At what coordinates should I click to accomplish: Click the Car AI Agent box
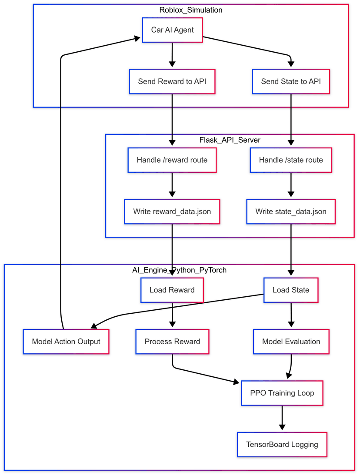172,30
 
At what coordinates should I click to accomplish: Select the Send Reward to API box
172,81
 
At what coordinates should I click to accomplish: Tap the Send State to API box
291,81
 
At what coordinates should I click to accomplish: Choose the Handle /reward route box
172,160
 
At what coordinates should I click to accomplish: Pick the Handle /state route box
291,160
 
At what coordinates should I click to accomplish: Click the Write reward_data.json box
172,211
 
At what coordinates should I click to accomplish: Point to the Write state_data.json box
291,211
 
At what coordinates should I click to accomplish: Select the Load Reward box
172,290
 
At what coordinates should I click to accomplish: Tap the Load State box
291,290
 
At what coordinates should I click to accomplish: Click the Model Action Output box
66,342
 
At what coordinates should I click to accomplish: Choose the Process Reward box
172,342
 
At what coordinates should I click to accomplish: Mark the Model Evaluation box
291,342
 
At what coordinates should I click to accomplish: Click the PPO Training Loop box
282,393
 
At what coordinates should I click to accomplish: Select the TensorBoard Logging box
282,445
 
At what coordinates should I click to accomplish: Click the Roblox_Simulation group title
191,10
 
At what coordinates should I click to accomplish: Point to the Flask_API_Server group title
230,140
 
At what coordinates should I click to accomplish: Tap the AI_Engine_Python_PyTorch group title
179,270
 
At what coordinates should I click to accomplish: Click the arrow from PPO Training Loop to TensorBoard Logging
282,419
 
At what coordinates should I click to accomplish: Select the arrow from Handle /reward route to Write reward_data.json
172,186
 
